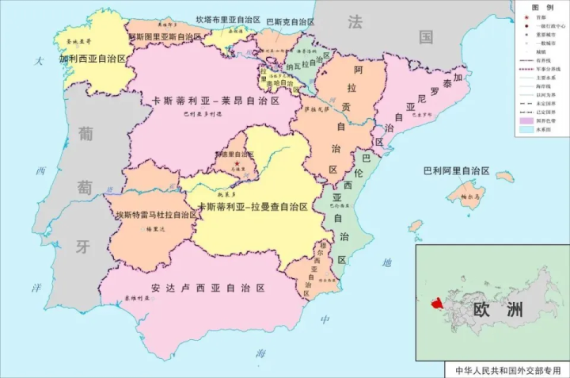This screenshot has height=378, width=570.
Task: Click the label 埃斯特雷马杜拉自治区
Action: click(156, 215)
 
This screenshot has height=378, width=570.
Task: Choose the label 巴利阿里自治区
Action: click(457, 170)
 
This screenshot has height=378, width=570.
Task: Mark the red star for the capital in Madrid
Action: click(236, 163)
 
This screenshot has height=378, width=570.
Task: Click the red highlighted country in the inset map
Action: click(435, 304)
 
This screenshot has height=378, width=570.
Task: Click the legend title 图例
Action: click(541, 6)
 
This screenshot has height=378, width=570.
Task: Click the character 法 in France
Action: click(354, 21)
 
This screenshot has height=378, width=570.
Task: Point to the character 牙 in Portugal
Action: click(82, 246)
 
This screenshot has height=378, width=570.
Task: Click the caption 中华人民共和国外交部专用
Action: click(506, 370)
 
